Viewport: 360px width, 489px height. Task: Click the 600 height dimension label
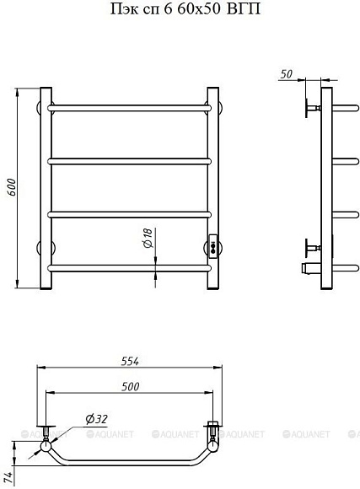pos(12,187)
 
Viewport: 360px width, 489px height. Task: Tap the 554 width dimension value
pos(130,361)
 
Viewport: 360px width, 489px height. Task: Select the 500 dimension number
pos(130,387)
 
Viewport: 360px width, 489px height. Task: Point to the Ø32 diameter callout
pos(96,419)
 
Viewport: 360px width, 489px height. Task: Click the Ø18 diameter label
pos(148,238)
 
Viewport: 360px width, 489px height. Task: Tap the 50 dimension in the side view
pos(287,74)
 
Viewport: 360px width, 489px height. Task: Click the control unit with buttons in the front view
pos(213,246)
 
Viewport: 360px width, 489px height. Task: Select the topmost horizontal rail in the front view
pos(130,108)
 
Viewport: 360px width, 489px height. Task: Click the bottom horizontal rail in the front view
pos(130,268)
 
